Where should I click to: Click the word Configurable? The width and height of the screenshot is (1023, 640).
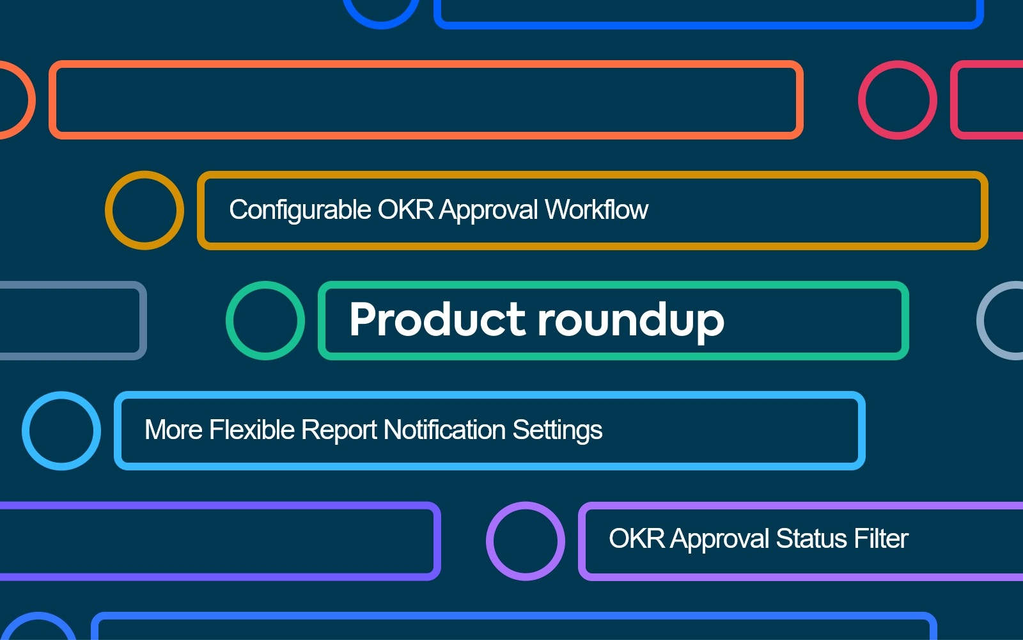[x=300, y=211]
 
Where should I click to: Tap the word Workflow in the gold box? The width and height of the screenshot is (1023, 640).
[x=597, y=209]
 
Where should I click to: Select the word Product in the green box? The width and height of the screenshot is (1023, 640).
[x=437, y=319]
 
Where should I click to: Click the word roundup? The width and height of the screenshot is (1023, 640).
[x=631, y=321]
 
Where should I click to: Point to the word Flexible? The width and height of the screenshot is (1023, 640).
[x=252, y=429]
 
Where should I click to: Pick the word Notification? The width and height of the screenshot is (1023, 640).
[x=444, y=429]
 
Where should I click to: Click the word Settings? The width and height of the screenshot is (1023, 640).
[x=557, y=431]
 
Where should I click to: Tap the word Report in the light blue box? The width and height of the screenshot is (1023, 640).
[x=339, y=431]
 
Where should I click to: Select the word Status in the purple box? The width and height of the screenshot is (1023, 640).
[x=811, y=538]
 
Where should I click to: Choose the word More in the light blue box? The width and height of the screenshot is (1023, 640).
[x=173, y=429]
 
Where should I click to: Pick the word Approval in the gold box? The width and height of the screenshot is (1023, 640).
[x=488, y=211]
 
